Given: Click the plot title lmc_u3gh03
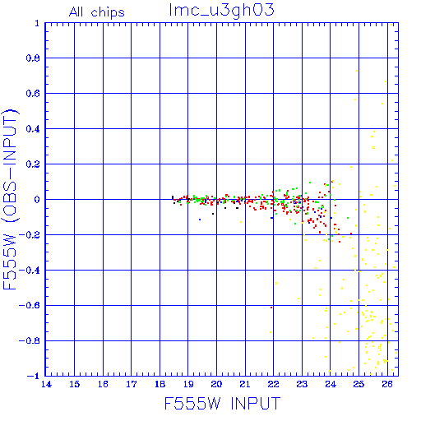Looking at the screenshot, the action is click(222, 11).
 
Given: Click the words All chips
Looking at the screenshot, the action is click(97, 12).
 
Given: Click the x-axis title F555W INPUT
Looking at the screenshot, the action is click(222, 403).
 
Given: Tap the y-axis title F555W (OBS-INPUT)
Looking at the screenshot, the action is click(10, 199).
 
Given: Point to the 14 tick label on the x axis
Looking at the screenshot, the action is click(46, 384).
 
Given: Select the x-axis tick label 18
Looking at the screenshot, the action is click(160, 384).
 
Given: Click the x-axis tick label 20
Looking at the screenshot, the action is click(216, 384).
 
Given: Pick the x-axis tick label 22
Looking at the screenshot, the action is click(273, 384).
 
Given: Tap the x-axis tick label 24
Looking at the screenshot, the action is click(331, 384).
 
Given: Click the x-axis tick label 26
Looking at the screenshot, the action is click(387, 384).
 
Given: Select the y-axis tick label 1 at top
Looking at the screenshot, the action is click(37, 23).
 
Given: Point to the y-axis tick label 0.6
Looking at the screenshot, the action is click(33, 94).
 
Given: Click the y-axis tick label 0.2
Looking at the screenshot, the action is click(33, 164).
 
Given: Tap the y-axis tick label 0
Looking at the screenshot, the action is click(37, 199).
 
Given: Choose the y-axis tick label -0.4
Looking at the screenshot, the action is click(30, 270).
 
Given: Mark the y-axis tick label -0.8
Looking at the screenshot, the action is click(30, 340).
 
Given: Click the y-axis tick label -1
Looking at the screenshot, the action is click(34, 376).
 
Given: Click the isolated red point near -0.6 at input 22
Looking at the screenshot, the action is click(271, 308).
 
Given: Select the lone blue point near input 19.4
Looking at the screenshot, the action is click(200, 220).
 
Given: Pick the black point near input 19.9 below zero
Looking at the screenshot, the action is click(213, 214).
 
